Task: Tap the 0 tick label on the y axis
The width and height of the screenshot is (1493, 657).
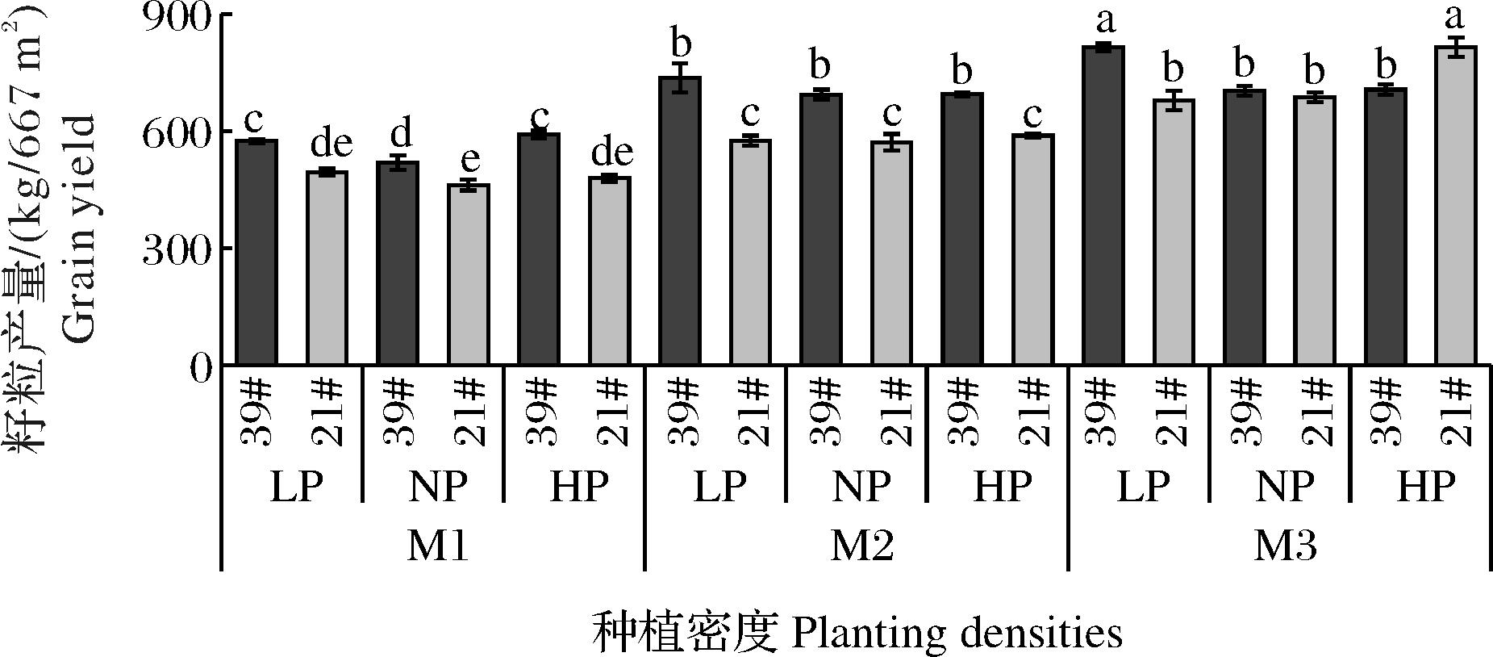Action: (x=201, y=367)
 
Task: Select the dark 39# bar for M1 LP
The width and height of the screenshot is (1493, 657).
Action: (x=256, y=253)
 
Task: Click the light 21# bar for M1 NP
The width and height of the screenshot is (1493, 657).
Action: (x=469, y=274)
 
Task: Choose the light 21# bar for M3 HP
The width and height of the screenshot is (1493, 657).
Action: (x=1456, y=206)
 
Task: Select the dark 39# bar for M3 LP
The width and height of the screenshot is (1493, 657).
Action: (x=1103, y=206)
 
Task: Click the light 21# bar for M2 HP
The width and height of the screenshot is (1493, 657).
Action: (x=1033, y=249)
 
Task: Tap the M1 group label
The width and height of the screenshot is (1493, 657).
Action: (x=438, y=548)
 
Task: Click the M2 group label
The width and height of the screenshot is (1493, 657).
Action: (x=862, y=548)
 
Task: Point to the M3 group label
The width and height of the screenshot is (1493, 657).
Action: (x=1286, y=548)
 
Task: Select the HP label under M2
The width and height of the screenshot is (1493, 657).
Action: (x=1003, y=487)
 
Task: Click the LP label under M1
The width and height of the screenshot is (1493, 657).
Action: (x=296, y=487)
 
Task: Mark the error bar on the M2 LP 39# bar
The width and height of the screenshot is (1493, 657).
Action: (x=681, y=77)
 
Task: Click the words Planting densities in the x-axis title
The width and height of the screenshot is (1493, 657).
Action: (x=957, y=633)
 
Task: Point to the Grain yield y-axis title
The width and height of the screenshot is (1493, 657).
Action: (x=78, y=183)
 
